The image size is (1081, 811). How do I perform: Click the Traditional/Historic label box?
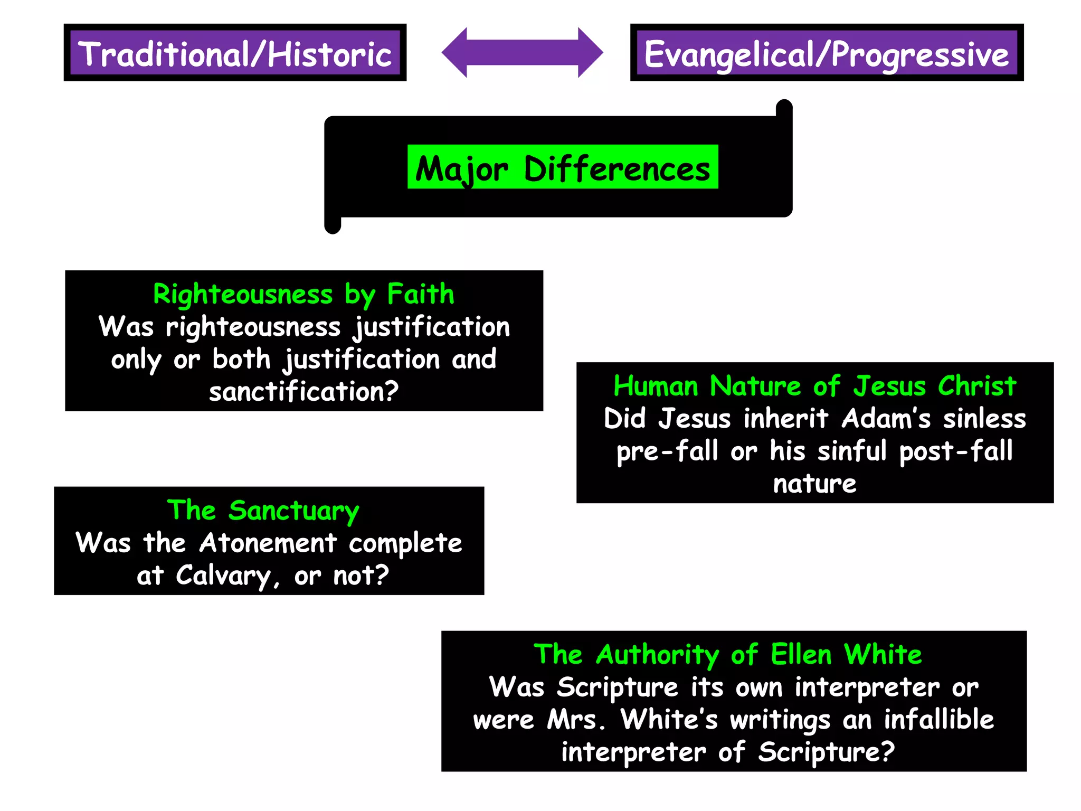[x=235, y=53]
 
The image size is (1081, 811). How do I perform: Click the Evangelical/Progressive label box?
[x=827, y=53]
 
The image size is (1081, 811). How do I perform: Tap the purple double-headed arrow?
[x=522, y=52]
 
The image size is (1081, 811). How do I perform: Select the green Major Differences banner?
[x=563, y=167]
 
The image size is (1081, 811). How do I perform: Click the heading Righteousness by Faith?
[x=304, y=294]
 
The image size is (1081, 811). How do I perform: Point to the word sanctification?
[x=304, y=392]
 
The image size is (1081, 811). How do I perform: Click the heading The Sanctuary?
[x=263, y=511]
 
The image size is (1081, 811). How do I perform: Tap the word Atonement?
[x=268, y=543]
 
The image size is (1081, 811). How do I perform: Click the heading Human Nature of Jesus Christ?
[x=814, y=386]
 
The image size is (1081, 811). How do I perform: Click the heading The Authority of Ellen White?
[x=728, y=655]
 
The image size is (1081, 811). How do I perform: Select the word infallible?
[x=938, y=719]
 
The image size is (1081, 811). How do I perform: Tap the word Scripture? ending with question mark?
[x=827, y=752]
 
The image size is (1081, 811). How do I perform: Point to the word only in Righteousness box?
[x=136, y=360]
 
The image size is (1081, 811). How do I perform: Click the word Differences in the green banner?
[x=617, y=169]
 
